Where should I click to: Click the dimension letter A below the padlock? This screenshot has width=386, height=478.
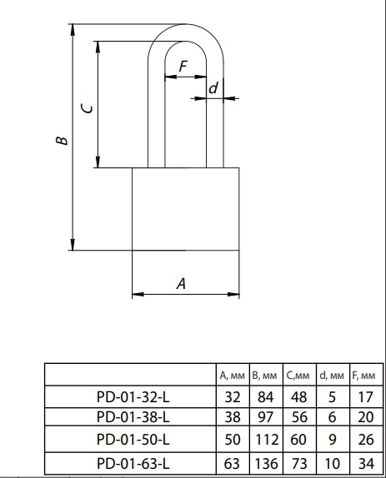[181, 283]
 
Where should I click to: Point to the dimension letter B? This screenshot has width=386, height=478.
[62, 140]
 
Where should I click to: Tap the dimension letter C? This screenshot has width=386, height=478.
[88, 108]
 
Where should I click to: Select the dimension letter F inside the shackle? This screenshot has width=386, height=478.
[183, 66]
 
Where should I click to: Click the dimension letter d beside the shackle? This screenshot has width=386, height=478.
[213, 88]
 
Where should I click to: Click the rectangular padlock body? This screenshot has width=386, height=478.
[186, 209]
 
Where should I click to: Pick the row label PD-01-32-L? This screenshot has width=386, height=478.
[133, 397]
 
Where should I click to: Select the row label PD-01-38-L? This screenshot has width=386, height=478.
[133, 417]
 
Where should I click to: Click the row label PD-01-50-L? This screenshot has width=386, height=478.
[133, 440]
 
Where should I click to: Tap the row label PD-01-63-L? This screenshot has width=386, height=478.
[133, 464]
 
